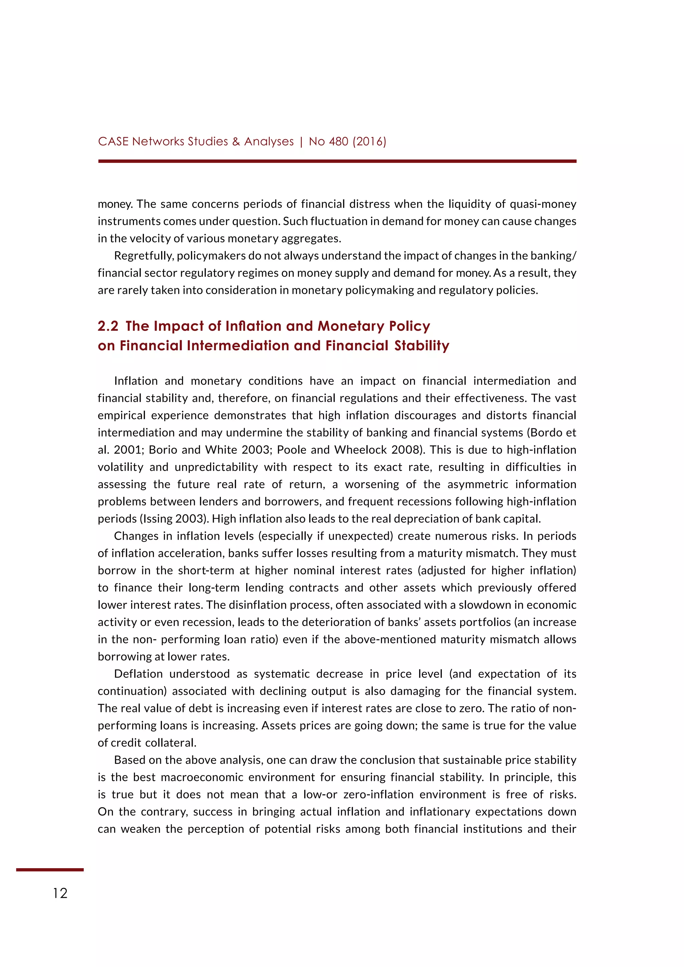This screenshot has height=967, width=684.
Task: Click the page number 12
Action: [x=60, y=893]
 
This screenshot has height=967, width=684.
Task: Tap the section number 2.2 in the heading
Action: [x=108, y=326]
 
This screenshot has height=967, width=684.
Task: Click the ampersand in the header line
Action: [x=236, y=142]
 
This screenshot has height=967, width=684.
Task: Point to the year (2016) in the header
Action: [x=369, y=142]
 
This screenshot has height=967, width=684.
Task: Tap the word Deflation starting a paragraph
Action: [x=138, y=674]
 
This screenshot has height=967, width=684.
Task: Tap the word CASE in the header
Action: [x=113, y=142]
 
